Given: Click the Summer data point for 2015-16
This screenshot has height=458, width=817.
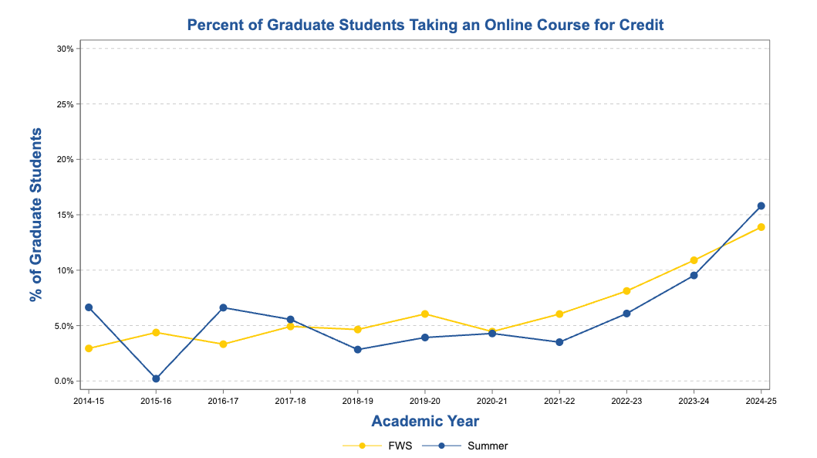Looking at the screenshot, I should pyautogui.click(x=156, y=378).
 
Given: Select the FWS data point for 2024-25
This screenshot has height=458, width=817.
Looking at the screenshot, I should pyautogui.click(x=761, y=227).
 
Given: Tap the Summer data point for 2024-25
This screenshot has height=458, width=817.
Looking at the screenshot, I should pyautogui.click(x=761, y=205).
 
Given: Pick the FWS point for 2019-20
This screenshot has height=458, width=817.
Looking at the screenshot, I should pyautogui.click(x=425, y=314).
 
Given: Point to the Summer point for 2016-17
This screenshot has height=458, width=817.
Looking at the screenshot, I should pyautogui.click(x=223, y=307).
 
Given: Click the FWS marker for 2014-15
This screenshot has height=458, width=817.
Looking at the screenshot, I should pyautogui.click(x=89, y=348).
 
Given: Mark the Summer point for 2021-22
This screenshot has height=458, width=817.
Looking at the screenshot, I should pyautogui.click(x=559, y=342).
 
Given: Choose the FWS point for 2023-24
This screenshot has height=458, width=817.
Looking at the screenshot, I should pyautogui.click(x=694, y=260).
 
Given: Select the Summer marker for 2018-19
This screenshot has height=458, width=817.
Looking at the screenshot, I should pyautogui.click(x=358, y=349).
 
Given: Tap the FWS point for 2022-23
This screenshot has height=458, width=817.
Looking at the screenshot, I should pyautogui.click(x=626, y=291).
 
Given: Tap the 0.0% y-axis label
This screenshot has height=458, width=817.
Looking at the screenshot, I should pyautogui.click(x=63, y=382).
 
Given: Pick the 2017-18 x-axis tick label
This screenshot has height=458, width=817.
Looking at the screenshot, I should pyautogui.click(x=290, y=402).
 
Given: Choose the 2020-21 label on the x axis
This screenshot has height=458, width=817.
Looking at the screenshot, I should pyautogui.click(x=492, y=402).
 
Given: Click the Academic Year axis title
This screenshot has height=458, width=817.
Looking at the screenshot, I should pyautogui.click(x=425, y=422).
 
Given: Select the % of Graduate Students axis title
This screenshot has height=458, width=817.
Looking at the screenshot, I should pyautogui.click(x=35, y=215).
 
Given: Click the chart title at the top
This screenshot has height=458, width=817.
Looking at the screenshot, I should pyautogui.click(x=425, y=25).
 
